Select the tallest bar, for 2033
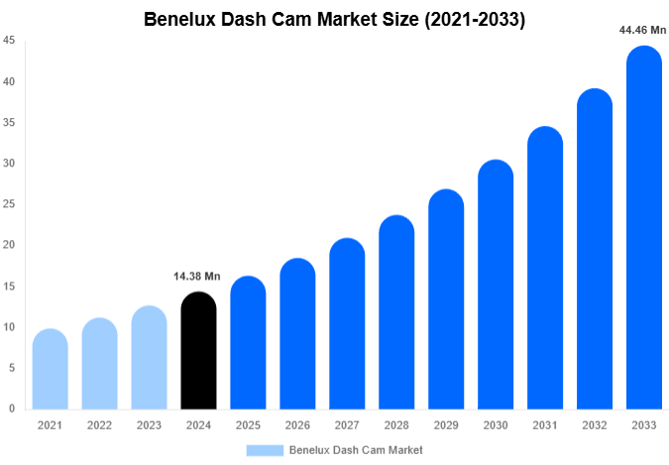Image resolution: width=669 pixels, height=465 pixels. [x=643, y=228]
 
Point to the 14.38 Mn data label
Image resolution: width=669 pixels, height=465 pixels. [x=198, y=275]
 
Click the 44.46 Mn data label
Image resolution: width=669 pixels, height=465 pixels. [x=642, y=30]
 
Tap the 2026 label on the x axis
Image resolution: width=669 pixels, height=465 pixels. [x=297, y=425]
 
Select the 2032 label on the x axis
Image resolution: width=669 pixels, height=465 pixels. [x=594, y=425]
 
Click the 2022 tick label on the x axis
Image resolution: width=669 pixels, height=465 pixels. [x=99, y=425]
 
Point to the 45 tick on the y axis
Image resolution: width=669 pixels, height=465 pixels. [x=8, y=41]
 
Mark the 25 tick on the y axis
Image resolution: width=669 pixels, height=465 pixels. [x=8, y=204]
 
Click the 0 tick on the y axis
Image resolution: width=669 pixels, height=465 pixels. [x=11, y=408]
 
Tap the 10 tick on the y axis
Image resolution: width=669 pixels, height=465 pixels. [x=8, y=327]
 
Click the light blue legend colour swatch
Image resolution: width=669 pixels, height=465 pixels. [x=265, y=450]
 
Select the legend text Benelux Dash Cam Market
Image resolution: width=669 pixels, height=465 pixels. [x=356, y=450]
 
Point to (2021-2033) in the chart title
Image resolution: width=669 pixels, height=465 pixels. [x=474, y=19]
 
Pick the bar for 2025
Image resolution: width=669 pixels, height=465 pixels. [x=248, y=343]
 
